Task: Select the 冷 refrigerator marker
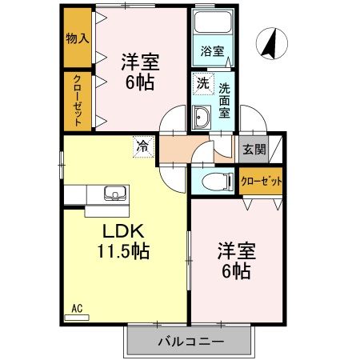click(x=142, y=146)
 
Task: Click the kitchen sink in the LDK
click(x=114, y=193)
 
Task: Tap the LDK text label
click(x=122, y=230)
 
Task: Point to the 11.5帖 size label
click(x=122, y=250)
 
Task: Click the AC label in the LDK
click(x=77, y=308)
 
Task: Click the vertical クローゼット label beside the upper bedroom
click(x=78, y=101)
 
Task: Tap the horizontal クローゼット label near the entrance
click(x=262, y=181)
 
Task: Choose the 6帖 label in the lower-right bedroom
click(x=234, y=270)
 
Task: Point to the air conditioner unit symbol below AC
click(x=77, y=317)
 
